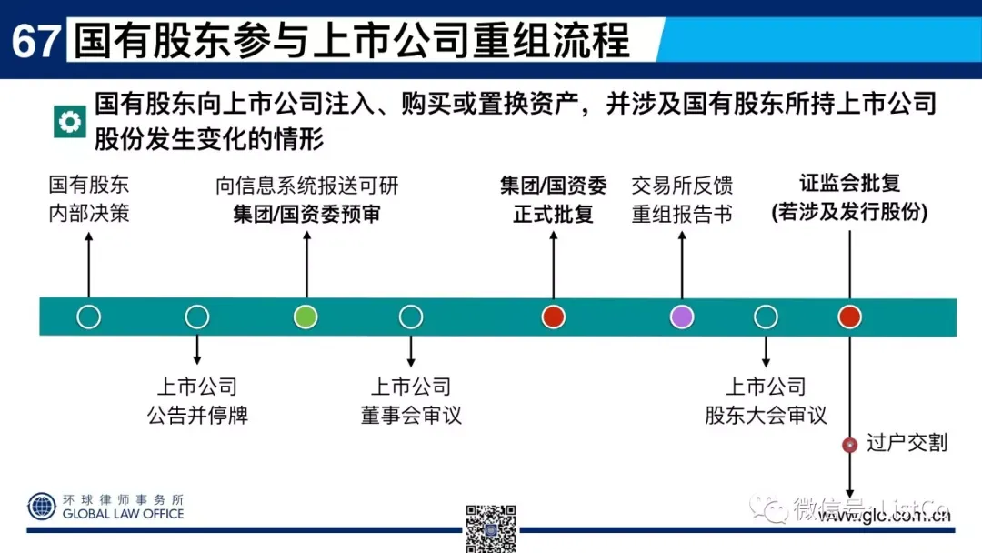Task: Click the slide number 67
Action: tap(35, 41)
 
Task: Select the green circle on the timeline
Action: tap(306, 317)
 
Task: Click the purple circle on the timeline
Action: tap(682, 317)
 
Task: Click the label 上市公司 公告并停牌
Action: tap(197, 401)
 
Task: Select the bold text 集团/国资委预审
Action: tap(306, 215)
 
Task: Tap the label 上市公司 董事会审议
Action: tap(411, 401)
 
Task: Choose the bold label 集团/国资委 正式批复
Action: tap(553, 200)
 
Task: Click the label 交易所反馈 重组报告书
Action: tap(682, 200)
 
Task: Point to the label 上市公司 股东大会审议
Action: tap(766, 401)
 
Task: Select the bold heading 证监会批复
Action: tap(849, 183)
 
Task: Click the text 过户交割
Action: tap(907, 443)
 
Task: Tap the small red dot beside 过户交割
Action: tap(850, 445)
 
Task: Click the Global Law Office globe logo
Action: tap(42, 507)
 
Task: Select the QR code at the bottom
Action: tap(491, 528)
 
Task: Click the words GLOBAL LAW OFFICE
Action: tap(123, 514)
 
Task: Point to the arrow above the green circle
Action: tap(306, 264)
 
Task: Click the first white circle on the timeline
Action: tap(88, 317)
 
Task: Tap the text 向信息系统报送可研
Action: tap(306, 186)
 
